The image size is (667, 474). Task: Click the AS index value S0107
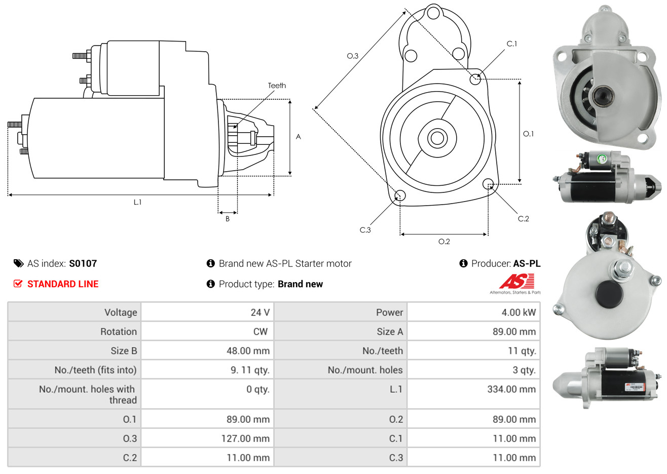pos(83,263)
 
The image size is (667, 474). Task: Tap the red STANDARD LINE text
pos(63,284)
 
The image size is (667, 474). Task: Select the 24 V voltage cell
pos(260,312)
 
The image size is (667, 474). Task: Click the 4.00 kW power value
pos(518,312)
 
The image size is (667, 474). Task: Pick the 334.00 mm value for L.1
pos(511,389)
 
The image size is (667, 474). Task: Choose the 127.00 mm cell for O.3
pos(245,439)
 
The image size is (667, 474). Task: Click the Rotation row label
pos(118,332)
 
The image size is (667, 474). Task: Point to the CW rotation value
pos(260,332)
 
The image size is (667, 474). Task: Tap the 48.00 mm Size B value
pos(248,351)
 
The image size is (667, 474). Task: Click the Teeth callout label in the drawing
pos(277,86)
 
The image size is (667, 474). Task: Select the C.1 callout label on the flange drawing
pos(512,44)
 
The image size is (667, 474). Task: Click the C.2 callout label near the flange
pos(523,219)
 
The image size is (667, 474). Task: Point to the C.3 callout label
pos(365,230)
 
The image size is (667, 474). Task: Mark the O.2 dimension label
pos(444,242)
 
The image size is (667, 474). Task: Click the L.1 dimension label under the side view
pos(137,202)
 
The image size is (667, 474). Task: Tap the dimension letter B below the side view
pos(228,219)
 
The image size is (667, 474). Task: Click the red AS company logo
pos(516,281)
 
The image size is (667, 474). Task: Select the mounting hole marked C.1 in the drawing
pos(475,79)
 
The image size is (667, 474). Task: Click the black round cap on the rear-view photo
pos(609,294)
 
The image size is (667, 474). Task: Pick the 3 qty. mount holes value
pos(524,370)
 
